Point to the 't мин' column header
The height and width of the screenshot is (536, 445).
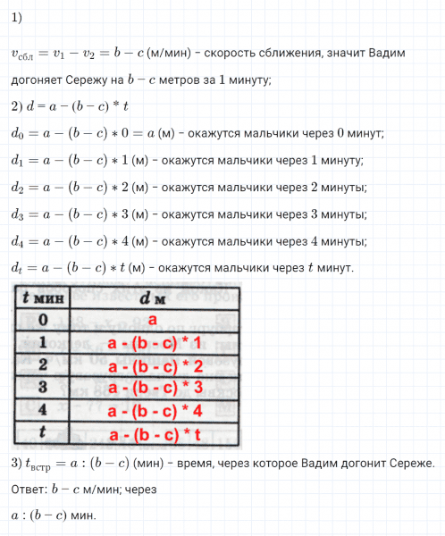pos(41,297)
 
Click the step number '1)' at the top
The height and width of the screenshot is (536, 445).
pos(18,19)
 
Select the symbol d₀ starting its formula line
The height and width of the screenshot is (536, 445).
pos(18,134)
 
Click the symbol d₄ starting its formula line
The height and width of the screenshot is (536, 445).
pos(18,242)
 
